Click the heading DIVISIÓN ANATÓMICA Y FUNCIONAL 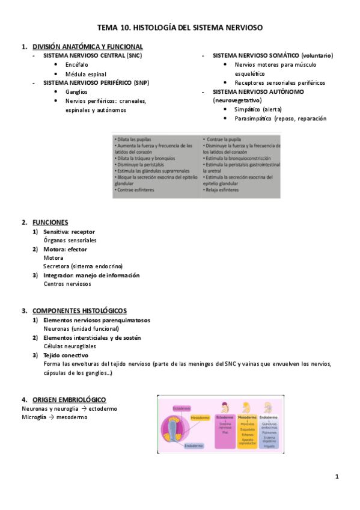pyautogui.click(x=87, y=46)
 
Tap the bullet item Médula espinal pyautogui.click(x=87, y=73)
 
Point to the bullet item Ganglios pyautogui.click(x=76, y=91)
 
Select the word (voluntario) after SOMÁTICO pyautogui.click(x=317, y=55)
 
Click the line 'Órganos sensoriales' pyautogui.click(x=70, y=240)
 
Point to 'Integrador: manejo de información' pyautogui.click(x=91, y=275)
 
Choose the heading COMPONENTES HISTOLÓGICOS pyautogui.click(x=79, y=310)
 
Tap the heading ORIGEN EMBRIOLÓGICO pyautogui.click(x=69, y=399)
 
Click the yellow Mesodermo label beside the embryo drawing pyautogui.click(x=200, y=417)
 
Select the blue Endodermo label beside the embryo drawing pyautogui.click(x=194, y=446)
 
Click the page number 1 pyautogui.click(x=337, y=477)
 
